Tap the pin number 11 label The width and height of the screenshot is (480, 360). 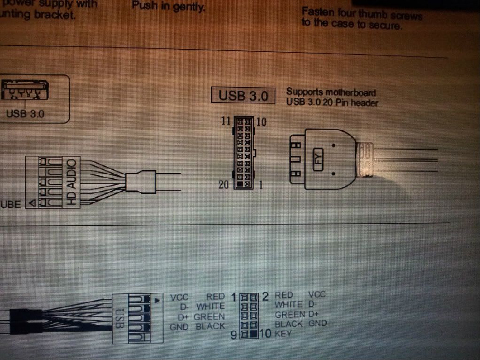point(226,121)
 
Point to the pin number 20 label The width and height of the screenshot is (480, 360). point(224,184)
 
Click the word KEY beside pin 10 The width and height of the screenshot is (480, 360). point(283,334)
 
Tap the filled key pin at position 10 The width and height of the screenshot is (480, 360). point(254,335)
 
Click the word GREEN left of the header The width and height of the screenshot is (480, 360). point(209,316)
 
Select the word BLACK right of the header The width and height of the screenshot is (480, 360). point(289,324)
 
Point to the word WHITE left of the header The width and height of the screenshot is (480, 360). point(210,306)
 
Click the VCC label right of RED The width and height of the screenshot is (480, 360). point(317,295)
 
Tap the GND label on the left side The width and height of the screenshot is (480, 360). point(179,327)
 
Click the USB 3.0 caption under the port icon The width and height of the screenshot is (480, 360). point(25,114)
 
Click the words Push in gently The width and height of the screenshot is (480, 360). point(168,7)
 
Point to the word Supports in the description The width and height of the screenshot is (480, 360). point(302,92)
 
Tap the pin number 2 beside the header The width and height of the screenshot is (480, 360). point(265,296)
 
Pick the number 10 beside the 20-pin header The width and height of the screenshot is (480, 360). point(262,122)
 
